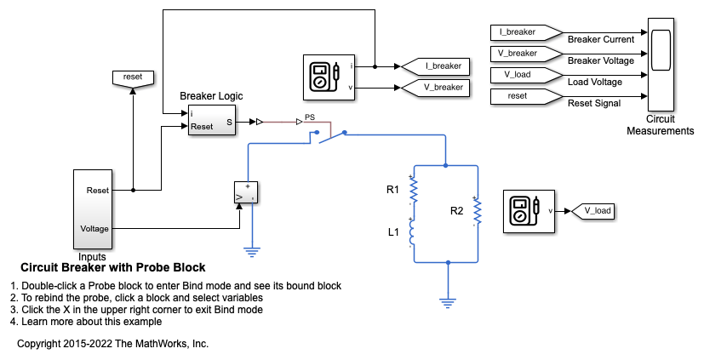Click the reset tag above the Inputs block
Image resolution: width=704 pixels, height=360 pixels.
point(133,77)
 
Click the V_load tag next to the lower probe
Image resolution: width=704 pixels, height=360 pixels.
point(591,210)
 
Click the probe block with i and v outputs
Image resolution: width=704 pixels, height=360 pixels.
point(327,76)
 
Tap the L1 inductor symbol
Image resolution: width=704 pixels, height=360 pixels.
point(413,231)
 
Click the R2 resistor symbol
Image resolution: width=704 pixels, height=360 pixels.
point(478,211)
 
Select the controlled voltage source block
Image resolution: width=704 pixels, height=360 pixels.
point(246,194)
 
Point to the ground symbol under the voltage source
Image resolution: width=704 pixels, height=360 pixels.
point(252,249)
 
